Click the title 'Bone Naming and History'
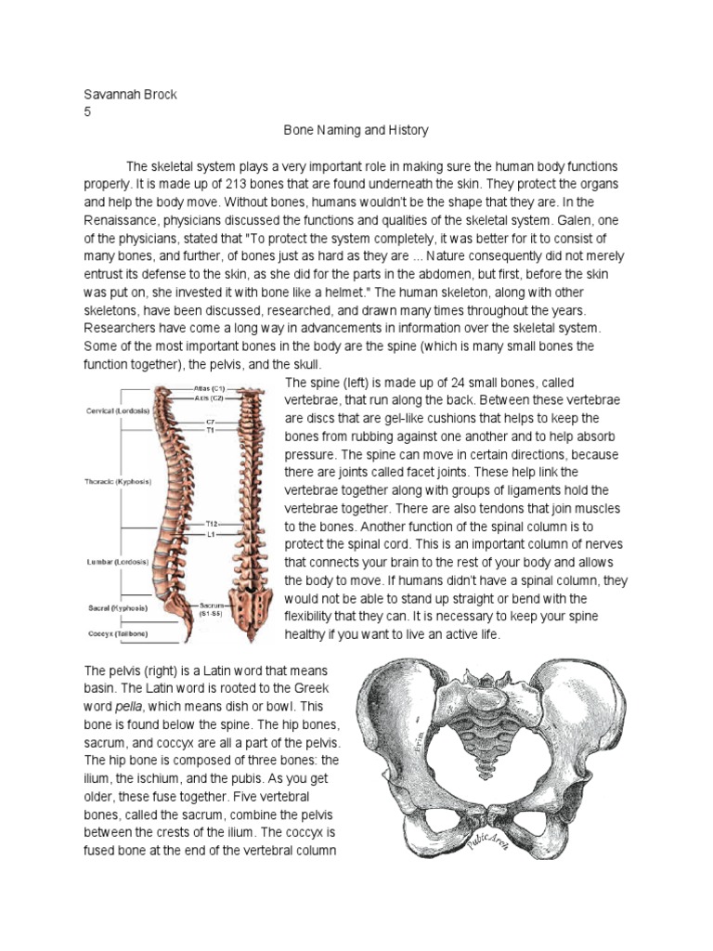pyautogui.click(x=356, y=131)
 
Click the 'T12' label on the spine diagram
pyautogui.click(x=213, y=525)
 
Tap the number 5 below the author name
pyautogui.click(x=87, y=113)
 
